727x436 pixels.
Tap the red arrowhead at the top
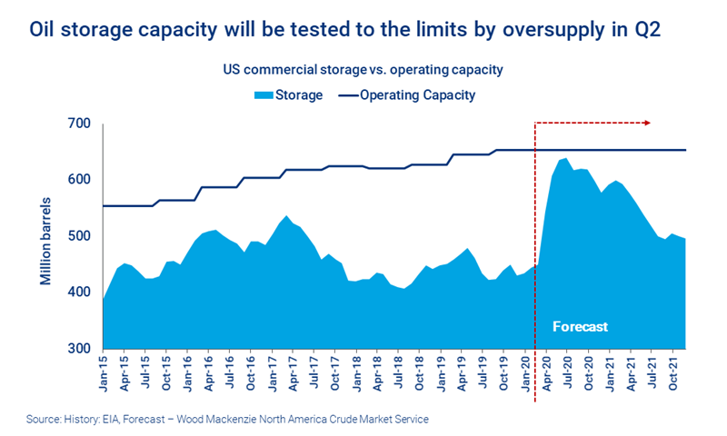tap(646, 122)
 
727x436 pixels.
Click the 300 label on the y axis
tap(79, 349)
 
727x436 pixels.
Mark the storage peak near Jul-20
tap(565, 159)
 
